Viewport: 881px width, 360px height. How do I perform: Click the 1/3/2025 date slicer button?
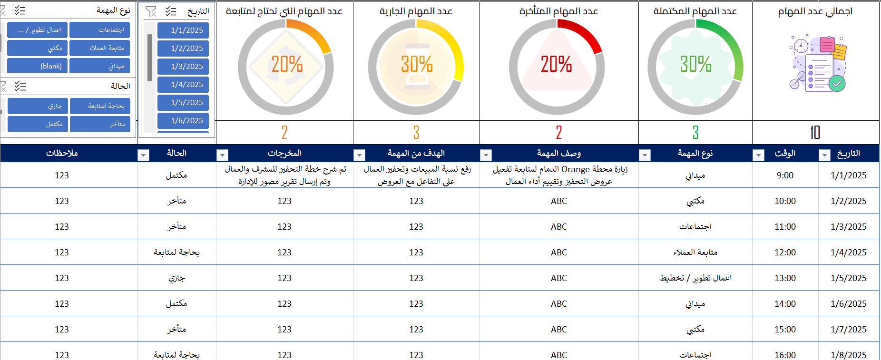[x=183, y=67]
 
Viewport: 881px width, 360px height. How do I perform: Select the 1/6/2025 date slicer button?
[x=183, y=121]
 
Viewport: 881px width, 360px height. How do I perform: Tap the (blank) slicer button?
[x=37, y=66]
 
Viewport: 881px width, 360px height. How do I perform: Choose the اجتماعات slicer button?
[x=102, y=30]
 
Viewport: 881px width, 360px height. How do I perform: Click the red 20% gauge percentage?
[x=556, y=64]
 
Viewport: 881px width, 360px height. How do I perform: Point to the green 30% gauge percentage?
[x=695, y=64]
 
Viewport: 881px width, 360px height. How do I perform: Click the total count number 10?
[x=815, y=133]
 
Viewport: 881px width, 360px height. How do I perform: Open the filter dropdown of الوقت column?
[x=759, y=155]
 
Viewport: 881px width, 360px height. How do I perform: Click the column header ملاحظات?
[x=62, y=153]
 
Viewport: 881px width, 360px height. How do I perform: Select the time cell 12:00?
[x=785, y=253]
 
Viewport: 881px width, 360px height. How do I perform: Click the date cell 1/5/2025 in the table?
[x=849, y=278]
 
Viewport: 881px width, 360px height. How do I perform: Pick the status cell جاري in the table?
[x=176, y=278]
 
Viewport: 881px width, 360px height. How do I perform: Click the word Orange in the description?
[x=576, y=169]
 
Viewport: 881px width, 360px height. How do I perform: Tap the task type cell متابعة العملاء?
[x=695, y=253]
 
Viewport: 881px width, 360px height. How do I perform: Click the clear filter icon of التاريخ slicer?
[x=151, y=11]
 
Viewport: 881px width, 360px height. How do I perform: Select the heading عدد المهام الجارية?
[x=416, y=11]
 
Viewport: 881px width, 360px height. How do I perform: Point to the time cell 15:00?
[x=785, y=330]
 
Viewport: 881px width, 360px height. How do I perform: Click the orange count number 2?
[x=284, y=133]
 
